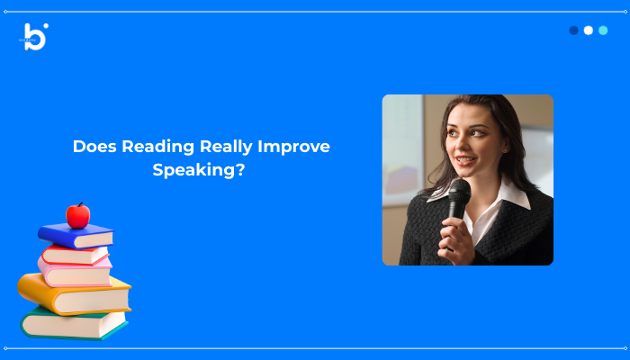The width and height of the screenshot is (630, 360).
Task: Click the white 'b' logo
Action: [x=35, y=37]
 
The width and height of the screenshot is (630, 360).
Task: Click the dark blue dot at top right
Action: [x=574, y=30]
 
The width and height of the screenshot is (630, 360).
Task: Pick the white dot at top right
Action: [x=589, y=30]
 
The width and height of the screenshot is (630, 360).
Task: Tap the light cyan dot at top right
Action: [x=603, y=30]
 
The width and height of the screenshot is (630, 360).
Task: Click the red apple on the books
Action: [x=78, y=216]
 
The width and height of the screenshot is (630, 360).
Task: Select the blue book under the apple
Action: [x=76, y=236]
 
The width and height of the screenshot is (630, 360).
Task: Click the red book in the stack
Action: [x=76, y=254]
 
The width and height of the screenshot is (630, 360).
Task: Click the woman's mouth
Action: [x=463, y=162]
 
